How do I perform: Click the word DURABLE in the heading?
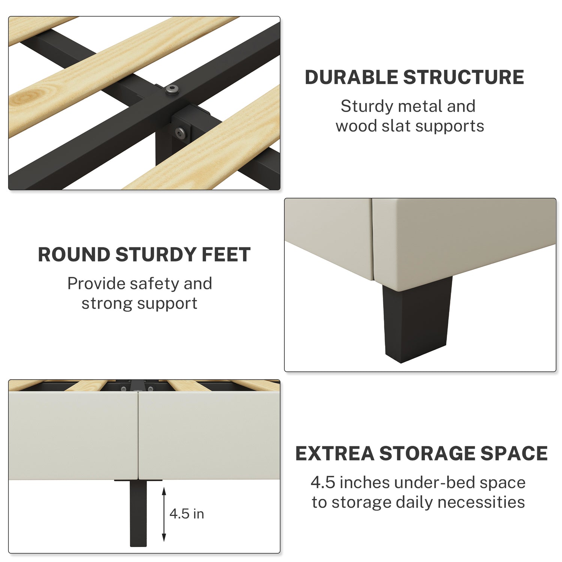[351, 78]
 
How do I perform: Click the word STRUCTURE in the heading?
[463, 78]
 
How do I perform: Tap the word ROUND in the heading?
[74, 255]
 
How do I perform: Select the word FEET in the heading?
[226, 255]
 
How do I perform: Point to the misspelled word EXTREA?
[335, 453]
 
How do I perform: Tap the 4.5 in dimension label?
[187, 514]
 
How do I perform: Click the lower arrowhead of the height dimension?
[164, 537]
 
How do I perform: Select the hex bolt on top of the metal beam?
[172, 90]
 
